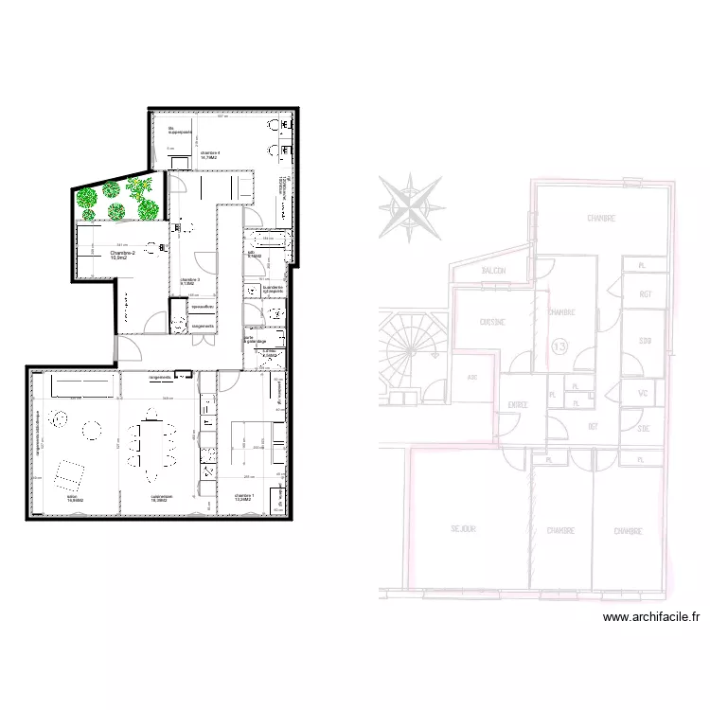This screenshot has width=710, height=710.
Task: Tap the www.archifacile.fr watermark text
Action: click(650, 618)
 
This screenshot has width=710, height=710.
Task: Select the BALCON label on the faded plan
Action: click(493, 271)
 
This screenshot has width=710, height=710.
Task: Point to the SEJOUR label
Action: click(463, 530)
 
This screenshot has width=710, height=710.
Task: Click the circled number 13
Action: click(559, 347)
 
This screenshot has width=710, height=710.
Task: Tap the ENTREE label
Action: click(517, 405)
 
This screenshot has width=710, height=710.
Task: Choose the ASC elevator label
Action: click(472, 376)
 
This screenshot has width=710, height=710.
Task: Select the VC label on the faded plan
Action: click(643, 393)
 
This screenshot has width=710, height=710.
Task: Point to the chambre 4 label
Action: click(210, 152)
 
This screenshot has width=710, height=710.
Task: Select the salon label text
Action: click(72, 497)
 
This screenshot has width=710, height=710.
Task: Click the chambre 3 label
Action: click(189, 281)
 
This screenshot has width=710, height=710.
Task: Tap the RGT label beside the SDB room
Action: click(646, 294)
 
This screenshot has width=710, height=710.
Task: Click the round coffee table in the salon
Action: click(93, 431)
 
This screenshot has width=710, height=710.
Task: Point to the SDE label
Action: click(645, 429)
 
